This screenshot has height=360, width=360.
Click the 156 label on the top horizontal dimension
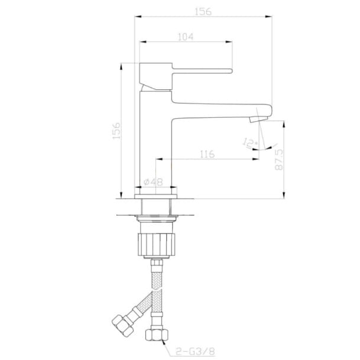203,11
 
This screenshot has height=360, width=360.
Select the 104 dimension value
186,37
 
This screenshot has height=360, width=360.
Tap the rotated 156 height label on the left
116,131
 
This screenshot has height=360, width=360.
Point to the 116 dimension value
207,154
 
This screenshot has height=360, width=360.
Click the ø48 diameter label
153,182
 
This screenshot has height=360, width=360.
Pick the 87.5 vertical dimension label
279,160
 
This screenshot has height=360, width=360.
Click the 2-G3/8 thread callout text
196,351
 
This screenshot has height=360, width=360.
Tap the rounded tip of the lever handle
231,71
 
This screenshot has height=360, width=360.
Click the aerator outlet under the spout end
258,119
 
